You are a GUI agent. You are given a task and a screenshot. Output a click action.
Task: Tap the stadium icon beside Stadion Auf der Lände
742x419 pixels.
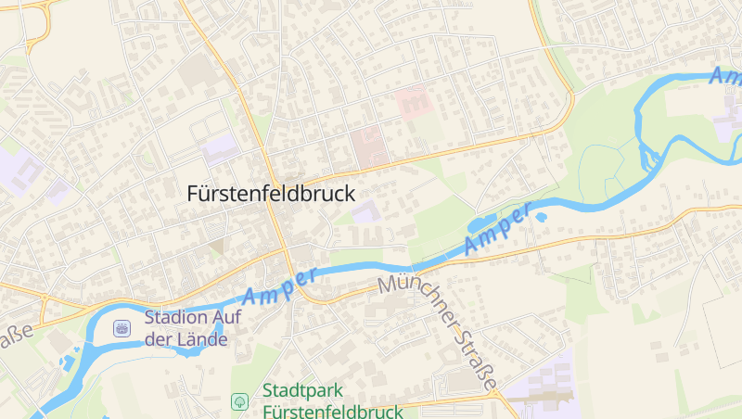[122, 328]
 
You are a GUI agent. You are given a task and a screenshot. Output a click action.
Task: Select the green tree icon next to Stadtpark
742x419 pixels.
[239, 401]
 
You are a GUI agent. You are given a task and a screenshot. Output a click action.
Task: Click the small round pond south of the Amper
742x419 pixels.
[541, 218]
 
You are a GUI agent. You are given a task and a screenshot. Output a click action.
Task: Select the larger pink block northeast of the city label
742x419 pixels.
[367, 146]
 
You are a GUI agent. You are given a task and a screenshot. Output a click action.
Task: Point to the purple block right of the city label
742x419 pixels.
[365, 212]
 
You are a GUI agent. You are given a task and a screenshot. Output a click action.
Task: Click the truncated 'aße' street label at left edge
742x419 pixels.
[14, 336]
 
